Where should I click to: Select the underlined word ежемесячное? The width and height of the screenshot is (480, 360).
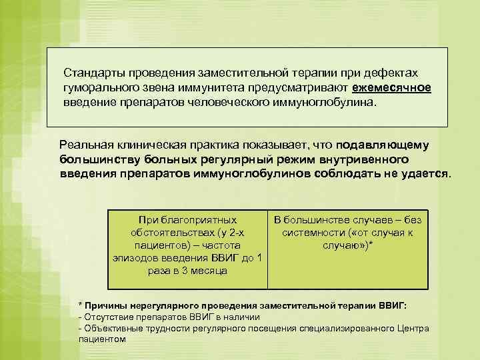392,88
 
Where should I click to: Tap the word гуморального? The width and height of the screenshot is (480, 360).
99,88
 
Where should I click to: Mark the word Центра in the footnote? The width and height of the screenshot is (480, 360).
414,328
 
